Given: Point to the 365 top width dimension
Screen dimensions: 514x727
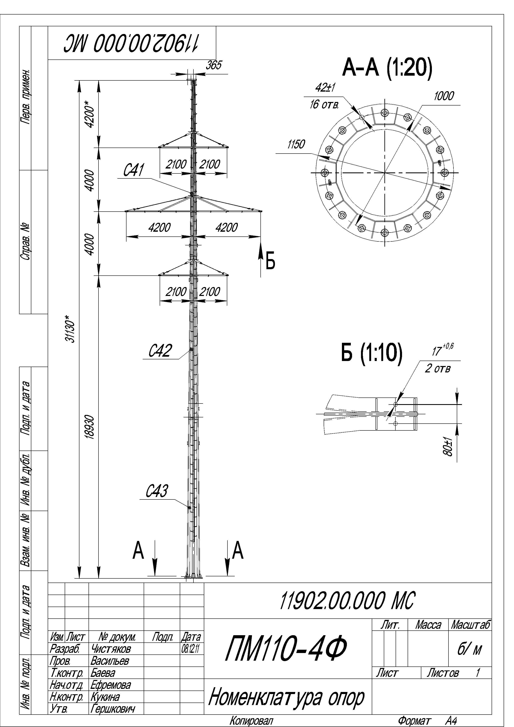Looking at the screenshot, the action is tap(214, 65).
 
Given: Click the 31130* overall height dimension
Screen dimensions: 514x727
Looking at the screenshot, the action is tap(70, 329).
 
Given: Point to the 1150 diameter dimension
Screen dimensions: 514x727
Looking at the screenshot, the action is tap(296, 144).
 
